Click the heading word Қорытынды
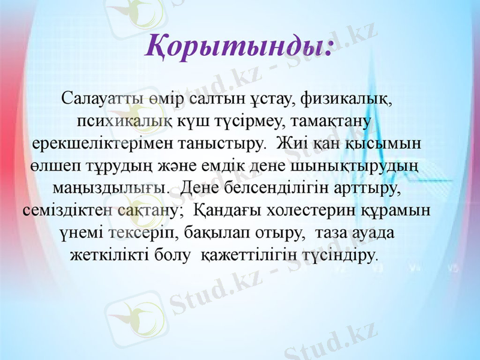[238, 47]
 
